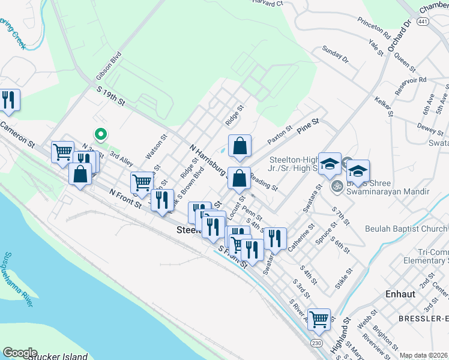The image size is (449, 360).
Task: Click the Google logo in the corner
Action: click(20, 353)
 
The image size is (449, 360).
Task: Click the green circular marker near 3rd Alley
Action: click(101, 134)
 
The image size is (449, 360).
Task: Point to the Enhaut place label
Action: click(399, 295)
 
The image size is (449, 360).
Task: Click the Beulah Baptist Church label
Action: click(406, 229)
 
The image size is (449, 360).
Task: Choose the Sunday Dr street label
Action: click(335, 55)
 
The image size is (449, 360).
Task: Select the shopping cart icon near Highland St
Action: click(318, 319)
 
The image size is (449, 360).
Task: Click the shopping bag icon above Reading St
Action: click(239, 178)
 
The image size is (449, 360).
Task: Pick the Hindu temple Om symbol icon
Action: click(336, 185)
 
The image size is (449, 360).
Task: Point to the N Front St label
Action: click(125, 197)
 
